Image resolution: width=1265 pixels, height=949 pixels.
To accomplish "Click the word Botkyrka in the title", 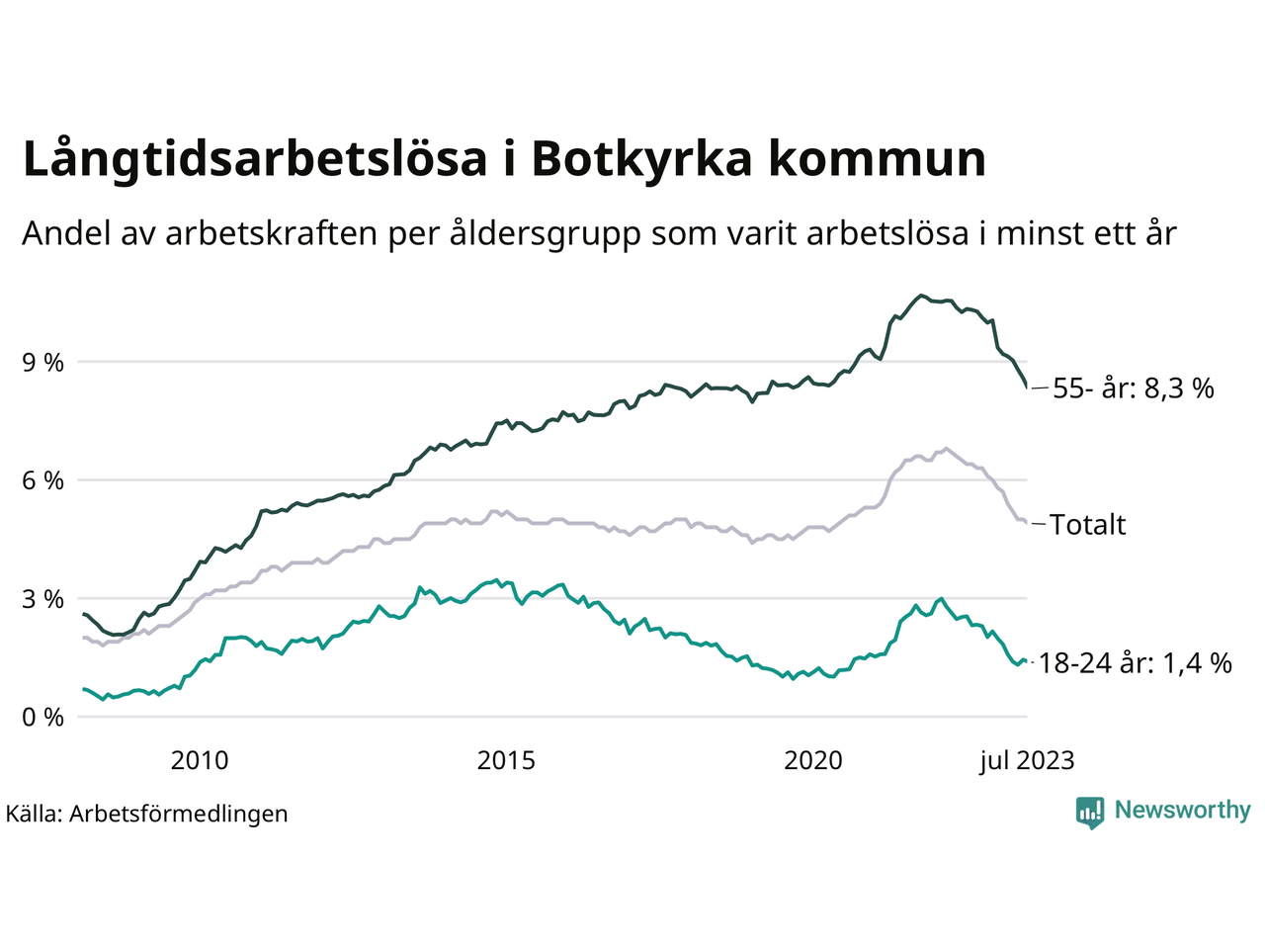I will click(641, 159).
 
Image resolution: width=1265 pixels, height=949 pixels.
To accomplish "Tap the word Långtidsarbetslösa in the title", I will click(255, 159).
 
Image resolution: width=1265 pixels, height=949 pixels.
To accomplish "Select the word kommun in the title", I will click(878, 159).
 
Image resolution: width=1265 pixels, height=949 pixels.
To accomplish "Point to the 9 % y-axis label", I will click(42, 363).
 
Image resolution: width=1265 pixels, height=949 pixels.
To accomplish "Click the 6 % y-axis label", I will click(42, 480).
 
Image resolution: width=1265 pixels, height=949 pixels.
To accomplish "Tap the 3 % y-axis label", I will click(42, 599).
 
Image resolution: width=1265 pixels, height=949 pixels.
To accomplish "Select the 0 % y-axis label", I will click(42, 718).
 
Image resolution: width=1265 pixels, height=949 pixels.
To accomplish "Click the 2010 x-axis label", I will click(199, 760).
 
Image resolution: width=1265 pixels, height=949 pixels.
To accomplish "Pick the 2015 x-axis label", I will click(506, 760).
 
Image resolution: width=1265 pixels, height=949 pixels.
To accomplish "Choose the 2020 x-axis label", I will click(813, 760).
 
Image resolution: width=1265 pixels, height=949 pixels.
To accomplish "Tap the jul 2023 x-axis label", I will click(1027, 760).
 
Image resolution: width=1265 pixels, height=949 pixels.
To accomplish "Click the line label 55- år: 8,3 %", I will click(1133, 388).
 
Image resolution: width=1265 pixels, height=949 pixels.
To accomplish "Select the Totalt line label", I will click(1087, 525).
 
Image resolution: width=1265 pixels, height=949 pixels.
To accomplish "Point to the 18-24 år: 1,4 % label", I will click(1135, 663).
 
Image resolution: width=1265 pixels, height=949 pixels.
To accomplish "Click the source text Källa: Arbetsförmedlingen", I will click(147, 814).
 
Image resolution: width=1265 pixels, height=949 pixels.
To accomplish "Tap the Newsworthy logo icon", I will click(1090, 812).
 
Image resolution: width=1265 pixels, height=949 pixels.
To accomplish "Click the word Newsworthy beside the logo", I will click(1182, 811).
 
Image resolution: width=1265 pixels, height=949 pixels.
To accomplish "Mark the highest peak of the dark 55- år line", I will click(921, 295).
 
